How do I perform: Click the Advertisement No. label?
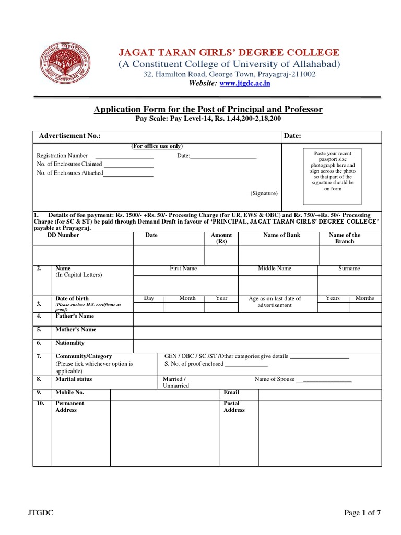(70, 136)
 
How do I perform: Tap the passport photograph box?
(333, 177)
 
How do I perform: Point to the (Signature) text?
(264, 193)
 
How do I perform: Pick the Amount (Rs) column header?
(221, 239)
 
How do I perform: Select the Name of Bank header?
(282, 236)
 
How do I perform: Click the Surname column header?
(349, 269)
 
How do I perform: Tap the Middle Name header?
(275, 269)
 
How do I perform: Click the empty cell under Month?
(187, 308)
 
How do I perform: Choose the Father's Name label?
(75, 316)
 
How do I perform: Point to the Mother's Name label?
(76, 330)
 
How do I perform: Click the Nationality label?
(70, 343)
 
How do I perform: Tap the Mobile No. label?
(69, 392)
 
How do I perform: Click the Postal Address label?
(234, 406)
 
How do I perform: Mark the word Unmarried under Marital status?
(176, 386)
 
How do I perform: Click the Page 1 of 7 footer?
(363, 513)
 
